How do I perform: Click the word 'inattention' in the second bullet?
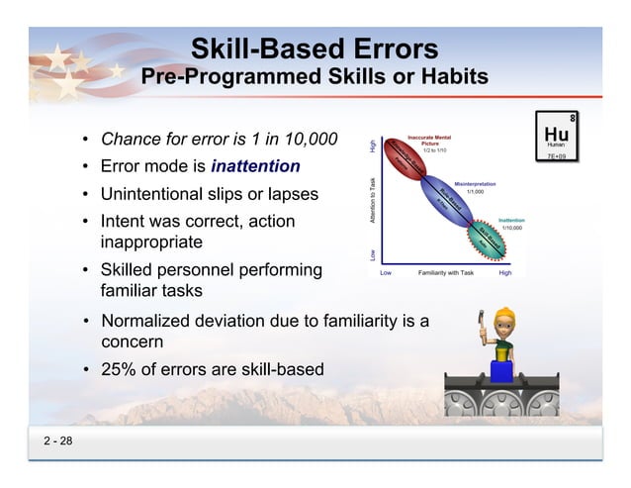point(254,164)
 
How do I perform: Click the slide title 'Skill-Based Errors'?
point(315,49)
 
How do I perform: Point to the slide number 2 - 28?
point(57,440)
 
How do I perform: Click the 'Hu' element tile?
point(556,136)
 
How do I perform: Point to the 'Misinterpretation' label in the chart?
point(475,184)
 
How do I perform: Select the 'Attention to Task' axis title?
point(373,201)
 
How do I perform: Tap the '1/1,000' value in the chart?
point(475,192)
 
